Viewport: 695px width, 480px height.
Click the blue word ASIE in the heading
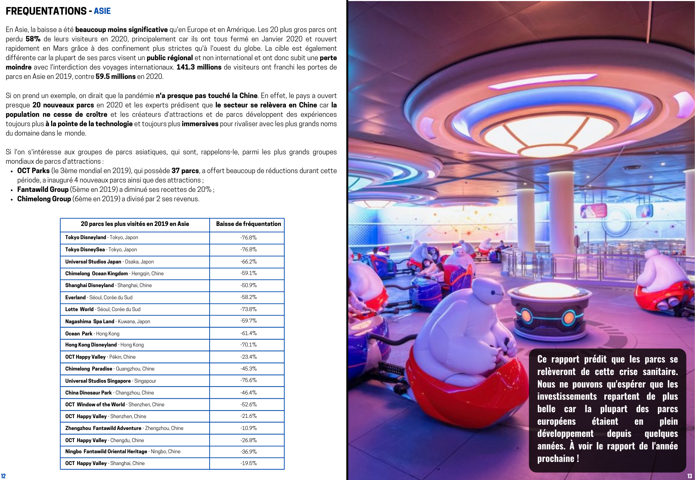[102, 11]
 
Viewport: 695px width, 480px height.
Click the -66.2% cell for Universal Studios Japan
[248, 262]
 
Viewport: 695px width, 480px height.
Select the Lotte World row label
[103, 309]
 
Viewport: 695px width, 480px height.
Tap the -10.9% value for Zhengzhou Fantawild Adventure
[248, 428]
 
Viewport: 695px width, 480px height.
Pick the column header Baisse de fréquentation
[248, 224]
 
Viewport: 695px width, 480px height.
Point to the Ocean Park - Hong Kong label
[92, 334]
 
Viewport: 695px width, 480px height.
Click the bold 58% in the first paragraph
[33, 39]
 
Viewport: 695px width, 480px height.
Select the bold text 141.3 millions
[199, 67]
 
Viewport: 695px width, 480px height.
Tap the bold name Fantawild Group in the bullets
[43, 189]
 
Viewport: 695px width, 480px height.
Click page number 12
[3, 476]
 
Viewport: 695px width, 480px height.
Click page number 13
[689, 476]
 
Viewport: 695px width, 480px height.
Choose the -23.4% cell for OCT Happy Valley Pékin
[248, 357]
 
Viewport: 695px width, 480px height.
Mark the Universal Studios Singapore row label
[111, 381]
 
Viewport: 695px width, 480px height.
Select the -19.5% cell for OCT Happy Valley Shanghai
[248, 463]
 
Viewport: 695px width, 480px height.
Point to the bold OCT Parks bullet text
[33, 171]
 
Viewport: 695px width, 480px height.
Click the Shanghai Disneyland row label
[108, 285]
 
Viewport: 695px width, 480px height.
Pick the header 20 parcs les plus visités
[135, 224]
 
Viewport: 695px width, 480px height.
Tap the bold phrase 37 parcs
[185, 171]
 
